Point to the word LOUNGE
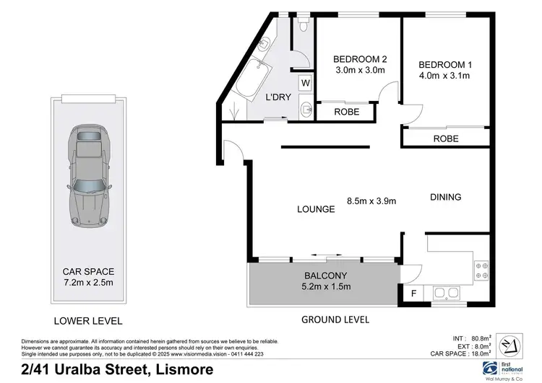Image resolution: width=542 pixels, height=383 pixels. coord(316,209)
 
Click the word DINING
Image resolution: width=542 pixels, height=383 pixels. coord(445,197)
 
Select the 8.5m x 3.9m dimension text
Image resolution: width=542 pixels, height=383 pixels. coord(371,201)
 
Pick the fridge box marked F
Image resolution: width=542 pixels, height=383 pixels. coord(413,294)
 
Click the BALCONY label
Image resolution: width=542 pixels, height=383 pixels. coord(325,275)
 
